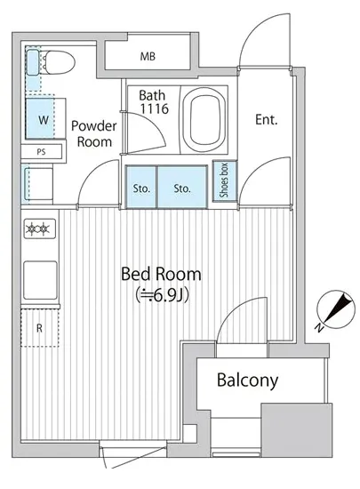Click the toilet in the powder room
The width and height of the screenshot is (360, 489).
tap(58, 63)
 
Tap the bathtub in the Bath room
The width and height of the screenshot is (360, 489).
tap(204, 119)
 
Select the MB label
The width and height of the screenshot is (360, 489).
tap(148, 56)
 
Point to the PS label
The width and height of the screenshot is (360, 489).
tap(41, 152)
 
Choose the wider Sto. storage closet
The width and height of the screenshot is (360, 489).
tap(182, 187)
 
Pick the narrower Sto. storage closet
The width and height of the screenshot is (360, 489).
tap(141, 187)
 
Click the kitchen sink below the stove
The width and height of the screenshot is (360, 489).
tap(40, 280)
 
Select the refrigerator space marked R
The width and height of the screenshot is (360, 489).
tap(40, 328)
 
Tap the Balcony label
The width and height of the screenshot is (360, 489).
tap(247, 381)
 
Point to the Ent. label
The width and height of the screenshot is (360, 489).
tap(266, 120)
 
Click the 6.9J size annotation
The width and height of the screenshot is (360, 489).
tap(162, 296)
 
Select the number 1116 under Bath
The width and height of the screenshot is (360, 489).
tap(155, 108)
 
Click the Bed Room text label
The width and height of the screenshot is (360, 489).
tap(161, 274)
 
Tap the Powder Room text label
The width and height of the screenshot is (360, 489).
tap(94, 133)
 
